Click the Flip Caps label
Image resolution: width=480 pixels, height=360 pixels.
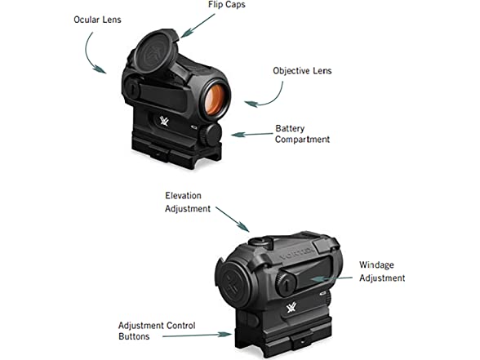click(227, 5)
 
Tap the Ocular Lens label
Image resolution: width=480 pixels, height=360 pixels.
click(97, 20)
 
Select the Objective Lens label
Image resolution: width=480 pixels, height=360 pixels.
click(302, 71)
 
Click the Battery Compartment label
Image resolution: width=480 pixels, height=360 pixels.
click(302, 134)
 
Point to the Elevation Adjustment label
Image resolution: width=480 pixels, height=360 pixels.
click(188, 202)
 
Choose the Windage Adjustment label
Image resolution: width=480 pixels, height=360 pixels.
click(382, 272)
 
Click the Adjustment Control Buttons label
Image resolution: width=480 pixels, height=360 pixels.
click(157, 331)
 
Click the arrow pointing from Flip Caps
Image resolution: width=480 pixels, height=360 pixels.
click(198, 25)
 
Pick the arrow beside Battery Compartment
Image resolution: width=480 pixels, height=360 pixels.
click(251, 134)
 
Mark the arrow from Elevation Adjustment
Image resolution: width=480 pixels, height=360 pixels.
click(233, 219)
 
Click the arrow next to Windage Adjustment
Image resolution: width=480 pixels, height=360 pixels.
click(331, 279)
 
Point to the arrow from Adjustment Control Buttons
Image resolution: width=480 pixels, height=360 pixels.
click(197, 336)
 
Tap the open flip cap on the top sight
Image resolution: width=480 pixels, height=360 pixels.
click(156, 51)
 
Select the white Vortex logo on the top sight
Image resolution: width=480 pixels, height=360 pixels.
click(164, 121)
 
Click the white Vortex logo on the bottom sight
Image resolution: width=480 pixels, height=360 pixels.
click(291, 307)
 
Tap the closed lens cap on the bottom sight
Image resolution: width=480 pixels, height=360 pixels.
click(233, 284)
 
